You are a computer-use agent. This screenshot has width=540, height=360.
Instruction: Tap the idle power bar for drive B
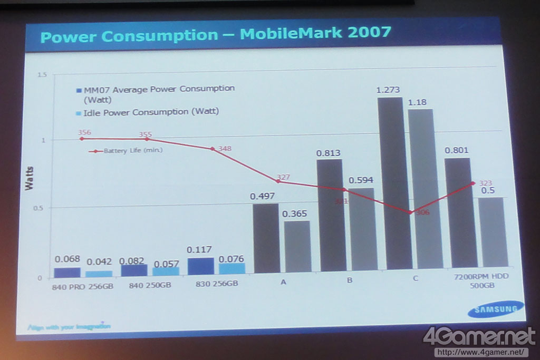click(361, 229)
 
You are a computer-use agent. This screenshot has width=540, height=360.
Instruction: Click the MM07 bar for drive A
click(266, 238)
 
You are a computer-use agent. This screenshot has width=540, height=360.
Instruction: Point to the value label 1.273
click(389, 90)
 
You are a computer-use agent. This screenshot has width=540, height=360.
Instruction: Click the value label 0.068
click(67, 259)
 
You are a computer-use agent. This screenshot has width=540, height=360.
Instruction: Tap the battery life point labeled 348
click(213, 149)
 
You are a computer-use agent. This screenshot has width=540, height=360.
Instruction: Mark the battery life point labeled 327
click(278, 181)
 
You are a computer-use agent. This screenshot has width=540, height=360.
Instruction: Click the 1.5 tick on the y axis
click(42, 75)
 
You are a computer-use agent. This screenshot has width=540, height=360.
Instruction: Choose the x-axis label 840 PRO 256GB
click(75, 287)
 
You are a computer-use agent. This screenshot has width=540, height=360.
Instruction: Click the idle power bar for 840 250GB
click(166, 271)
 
